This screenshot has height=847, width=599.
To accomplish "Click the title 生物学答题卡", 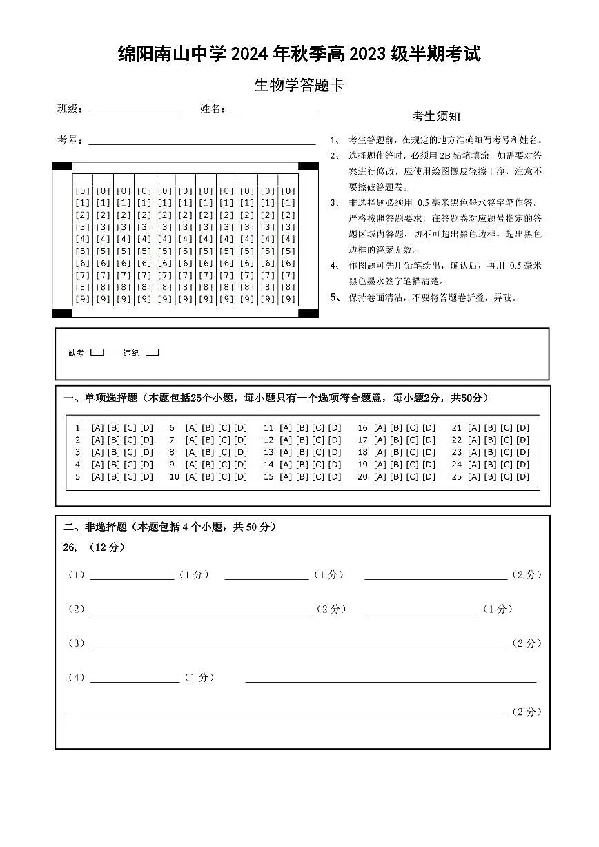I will click(x=299, y=86).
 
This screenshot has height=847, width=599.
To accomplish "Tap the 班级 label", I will click(x=70, y=108).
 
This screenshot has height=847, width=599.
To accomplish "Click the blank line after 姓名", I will click(x=275, y=110).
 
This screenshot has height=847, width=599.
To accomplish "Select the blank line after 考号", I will click(x=202, y=143).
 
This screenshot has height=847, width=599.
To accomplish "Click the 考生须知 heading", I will click(x=436, y=117).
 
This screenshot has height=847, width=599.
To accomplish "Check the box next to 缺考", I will click(x=97, y=352).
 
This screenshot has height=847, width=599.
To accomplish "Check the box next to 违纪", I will click(x=153, y=352).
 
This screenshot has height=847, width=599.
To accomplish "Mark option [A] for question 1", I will click(x=97, y=428).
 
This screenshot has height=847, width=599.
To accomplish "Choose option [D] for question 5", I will click(x=146, y=477).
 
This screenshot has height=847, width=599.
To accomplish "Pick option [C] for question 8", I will click(x=224, y=452).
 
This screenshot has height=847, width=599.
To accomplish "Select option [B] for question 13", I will click(x=302, y=452).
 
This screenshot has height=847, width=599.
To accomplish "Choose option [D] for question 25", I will click(x=522, y=477).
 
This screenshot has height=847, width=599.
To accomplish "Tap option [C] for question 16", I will click(x=412, y=428).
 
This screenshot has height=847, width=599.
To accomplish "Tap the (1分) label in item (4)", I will click(x=199, y=678).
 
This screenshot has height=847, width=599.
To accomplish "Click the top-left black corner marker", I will click(x=62, y=166).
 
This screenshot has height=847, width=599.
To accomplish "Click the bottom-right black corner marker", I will click(x=308, y=313).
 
